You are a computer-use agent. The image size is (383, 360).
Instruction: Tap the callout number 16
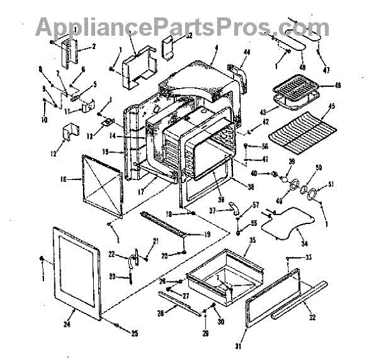[63, 181]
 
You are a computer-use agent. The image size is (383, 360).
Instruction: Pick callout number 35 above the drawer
[252, 241]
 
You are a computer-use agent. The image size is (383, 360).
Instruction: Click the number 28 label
[160, 312]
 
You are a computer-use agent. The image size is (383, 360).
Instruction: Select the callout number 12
[54, 153]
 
